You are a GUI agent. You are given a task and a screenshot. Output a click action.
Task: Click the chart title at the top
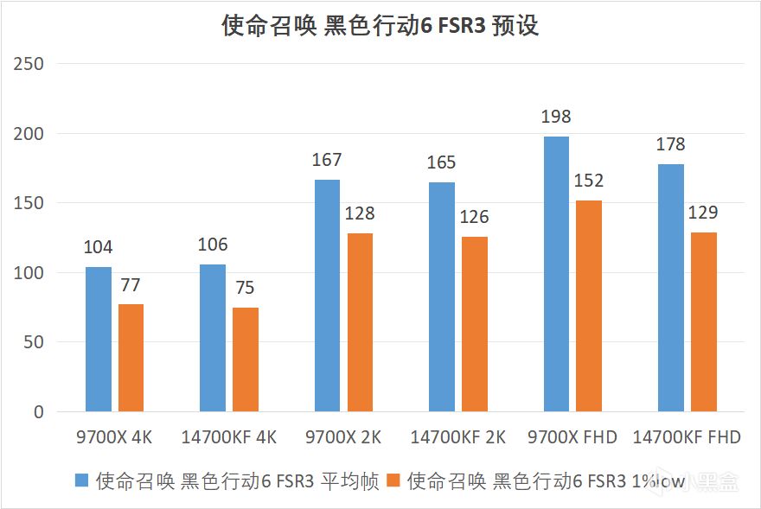(x=380, y=26)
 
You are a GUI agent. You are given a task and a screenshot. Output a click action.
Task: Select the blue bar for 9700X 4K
(x=98, y=339)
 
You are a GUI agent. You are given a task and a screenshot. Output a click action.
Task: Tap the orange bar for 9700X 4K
(x=131, y=358)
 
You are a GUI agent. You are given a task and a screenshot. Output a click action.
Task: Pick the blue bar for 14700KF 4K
(x=213, y=337)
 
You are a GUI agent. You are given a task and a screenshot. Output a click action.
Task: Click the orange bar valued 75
(x=246, y=359)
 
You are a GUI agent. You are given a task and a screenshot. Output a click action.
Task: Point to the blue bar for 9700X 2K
(x=327, y=295)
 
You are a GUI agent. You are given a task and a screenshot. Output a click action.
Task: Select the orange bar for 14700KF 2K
(x=475, y=324)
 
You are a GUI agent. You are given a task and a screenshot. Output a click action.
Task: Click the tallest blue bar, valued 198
(x=556, y=273)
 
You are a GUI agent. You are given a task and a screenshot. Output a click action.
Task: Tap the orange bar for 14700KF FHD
(x=704, y=321)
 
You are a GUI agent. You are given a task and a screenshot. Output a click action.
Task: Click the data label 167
(x=327, y=160)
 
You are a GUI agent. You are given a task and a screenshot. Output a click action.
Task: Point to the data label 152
(x=589, y=181)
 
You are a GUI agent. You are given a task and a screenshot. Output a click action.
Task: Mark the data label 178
(x=671, y=144)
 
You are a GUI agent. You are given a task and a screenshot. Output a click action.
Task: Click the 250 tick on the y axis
(x=32, y=64)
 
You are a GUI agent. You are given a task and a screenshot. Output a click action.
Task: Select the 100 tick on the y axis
(x=32, y=273)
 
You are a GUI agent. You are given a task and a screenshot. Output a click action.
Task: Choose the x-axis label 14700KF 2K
(x=458, y=437)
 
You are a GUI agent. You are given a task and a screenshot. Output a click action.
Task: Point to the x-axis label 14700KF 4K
(x=229, y=437)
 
